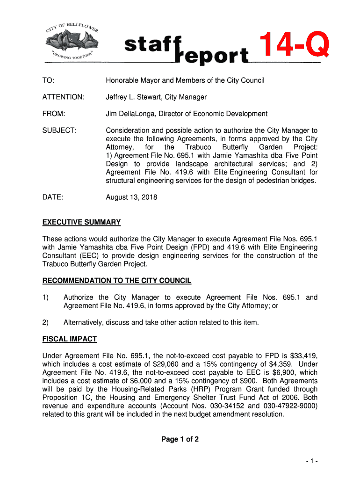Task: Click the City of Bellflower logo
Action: [x=72, y=41]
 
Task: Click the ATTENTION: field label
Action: [x=63, y=97]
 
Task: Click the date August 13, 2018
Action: [x=131, y=197]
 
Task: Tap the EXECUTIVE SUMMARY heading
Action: [x=81, y=222]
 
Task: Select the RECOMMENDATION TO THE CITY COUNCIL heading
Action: [x=116, y=281]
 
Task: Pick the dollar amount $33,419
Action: [x=302, y=356]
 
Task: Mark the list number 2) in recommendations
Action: [x=46, y=322]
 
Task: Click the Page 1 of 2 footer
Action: [x=180, y=439]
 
